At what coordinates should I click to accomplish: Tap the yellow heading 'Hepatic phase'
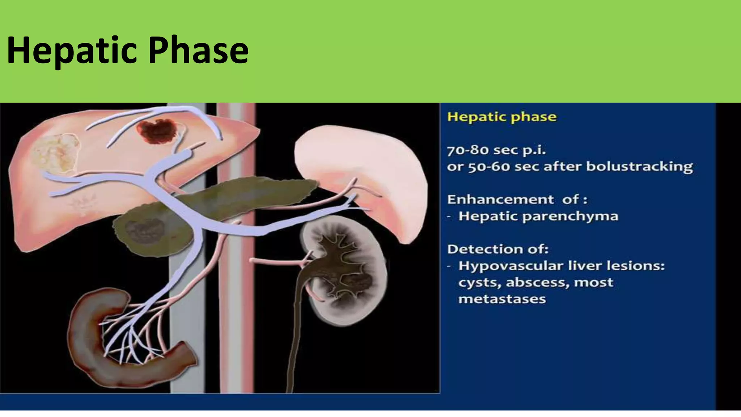[502, 117]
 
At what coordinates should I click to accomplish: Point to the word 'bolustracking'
[639, 167]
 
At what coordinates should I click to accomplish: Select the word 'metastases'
[502, 299]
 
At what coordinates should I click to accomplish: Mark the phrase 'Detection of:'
[498, 249]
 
